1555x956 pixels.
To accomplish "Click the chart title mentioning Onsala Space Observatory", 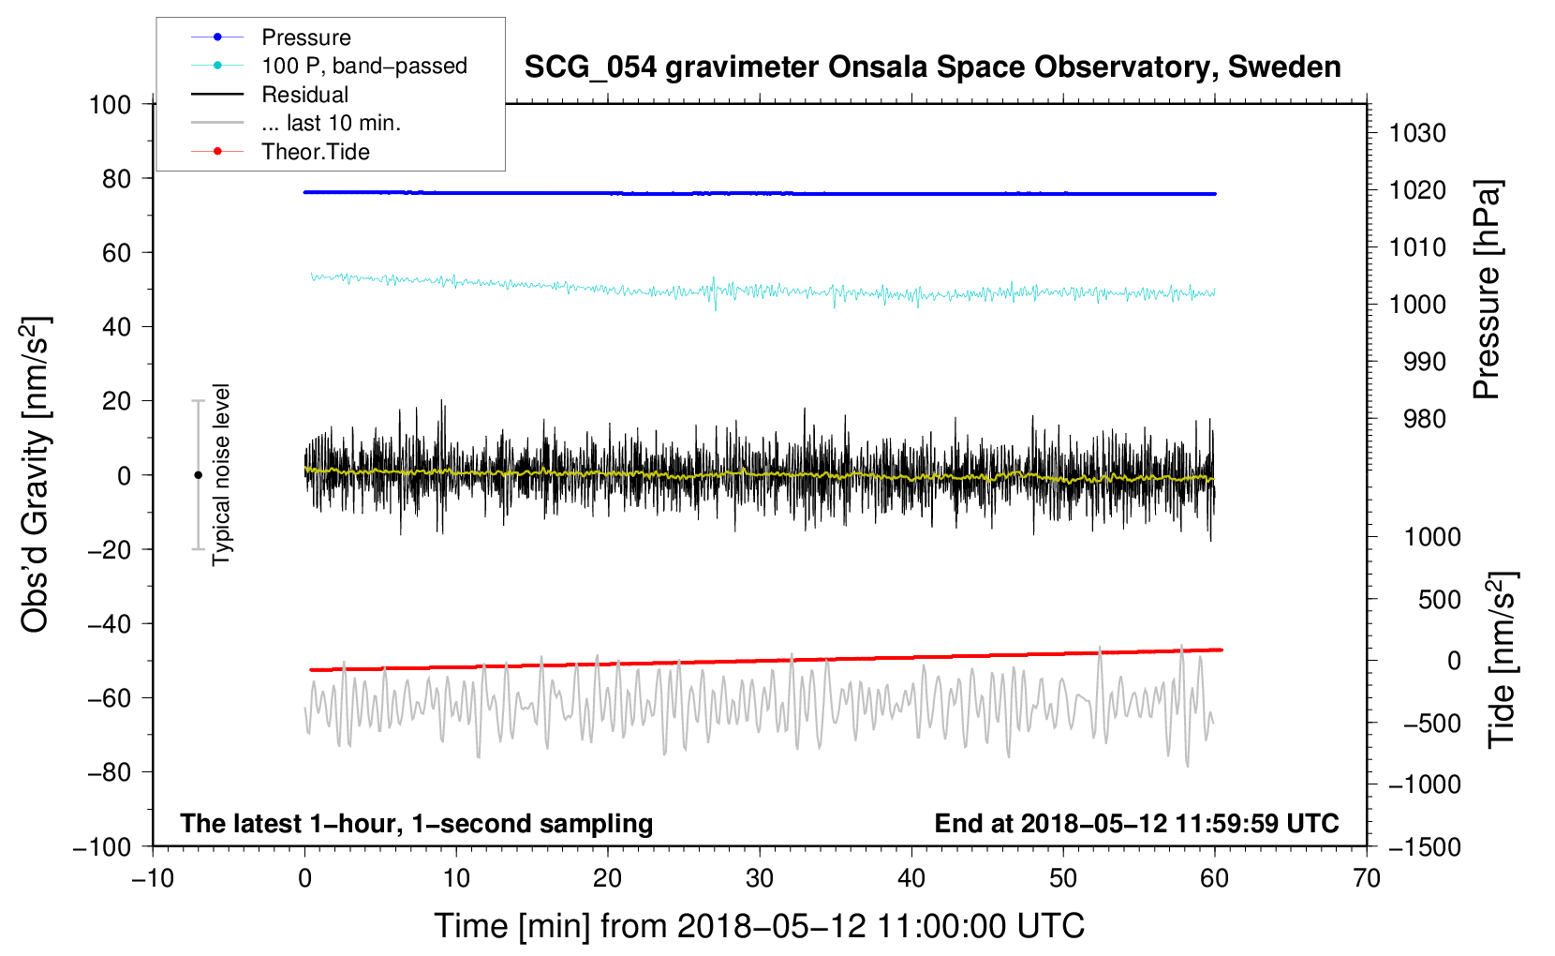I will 932,67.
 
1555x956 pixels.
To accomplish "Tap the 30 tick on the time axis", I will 760,878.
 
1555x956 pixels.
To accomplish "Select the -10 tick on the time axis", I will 153,878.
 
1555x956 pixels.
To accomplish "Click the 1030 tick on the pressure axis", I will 1417,133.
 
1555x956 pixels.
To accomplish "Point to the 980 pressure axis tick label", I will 1424,419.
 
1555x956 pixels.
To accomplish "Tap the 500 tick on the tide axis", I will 1439,599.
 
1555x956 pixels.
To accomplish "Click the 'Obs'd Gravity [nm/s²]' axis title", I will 36,474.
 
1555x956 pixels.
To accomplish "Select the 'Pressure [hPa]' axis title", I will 1487,290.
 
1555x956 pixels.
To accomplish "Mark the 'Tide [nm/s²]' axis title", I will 1502,659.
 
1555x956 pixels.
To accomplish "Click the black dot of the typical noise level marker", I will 198,475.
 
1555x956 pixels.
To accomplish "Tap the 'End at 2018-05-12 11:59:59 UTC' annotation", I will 1136,823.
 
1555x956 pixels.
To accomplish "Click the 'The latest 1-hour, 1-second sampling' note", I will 416,823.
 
